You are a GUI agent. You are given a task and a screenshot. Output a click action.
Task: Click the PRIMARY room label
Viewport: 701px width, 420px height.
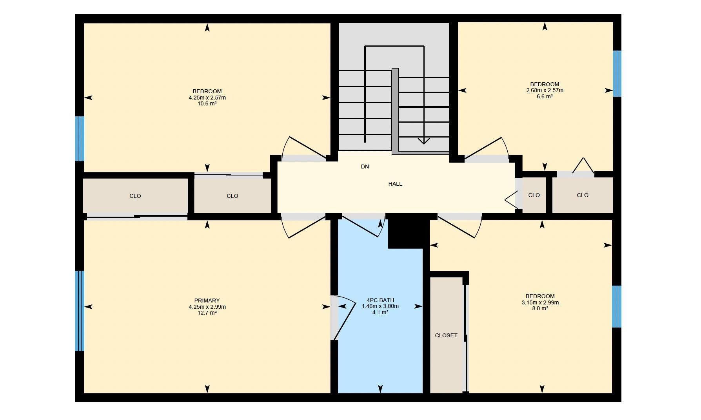[207, 301]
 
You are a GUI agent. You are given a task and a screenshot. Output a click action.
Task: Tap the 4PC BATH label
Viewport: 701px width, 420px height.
[380, 300]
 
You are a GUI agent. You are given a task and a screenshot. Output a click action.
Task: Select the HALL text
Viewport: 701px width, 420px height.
[395, 184]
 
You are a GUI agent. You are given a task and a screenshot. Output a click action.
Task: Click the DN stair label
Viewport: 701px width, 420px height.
[365, 167]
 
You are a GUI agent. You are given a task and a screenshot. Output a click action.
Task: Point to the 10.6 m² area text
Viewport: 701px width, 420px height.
[207, 104]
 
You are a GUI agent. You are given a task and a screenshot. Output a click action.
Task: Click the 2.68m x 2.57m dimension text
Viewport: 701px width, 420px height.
[545, 90]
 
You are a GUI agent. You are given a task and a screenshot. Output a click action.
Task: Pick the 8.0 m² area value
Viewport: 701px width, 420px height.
[540, 308]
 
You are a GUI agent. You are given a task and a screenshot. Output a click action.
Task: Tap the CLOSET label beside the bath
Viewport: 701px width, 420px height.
[446, 335]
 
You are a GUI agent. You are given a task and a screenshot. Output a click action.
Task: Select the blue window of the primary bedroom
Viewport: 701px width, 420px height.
[80, 311]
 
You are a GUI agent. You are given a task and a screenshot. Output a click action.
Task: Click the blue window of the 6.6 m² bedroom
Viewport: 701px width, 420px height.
[617, 74]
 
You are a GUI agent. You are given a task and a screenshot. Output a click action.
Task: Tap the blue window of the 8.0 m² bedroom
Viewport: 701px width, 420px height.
[617, 306]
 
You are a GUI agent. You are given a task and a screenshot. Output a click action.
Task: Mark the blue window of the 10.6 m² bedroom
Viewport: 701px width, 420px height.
[80, 139]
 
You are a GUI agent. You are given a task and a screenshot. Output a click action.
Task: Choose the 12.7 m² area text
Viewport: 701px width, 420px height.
[207, 313]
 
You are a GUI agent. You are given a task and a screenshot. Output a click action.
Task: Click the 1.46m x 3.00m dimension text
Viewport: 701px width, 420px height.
[380, 306]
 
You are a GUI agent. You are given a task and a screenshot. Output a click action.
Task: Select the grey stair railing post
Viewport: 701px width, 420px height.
[395, 111]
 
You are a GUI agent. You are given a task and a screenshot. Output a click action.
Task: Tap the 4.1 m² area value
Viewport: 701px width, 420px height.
[380, 312]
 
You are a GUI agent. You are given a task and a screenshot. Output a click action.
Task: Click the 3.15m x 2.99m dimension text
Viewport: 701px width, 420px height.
[540, 302]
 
